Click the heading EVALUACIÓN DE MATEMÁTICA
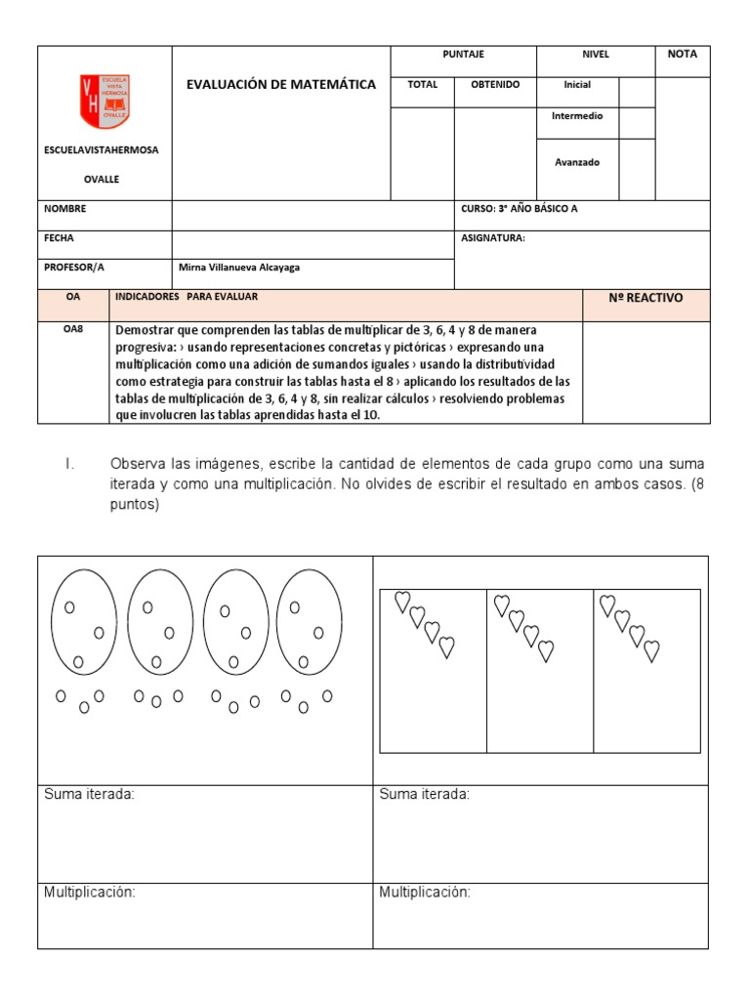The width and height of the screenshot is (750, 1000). [280, 85]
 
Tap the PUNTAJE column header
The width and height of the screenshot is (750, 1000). [463, 55]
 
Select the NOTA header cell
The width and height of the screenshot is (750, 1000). [682, 55]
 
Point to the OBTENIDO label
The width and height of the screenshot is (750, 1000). [495, 85]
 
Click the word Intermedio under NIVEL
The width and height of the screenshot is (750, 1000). [577, 116]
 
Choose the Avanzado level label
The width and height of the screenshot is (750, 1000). [577, 163]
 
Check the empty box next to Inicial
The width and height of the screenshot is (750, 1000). [637, 91]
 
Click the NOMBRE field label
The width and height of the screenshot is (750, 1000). [65, 209]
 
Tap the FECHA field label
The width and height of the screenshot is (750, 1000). [60, 238]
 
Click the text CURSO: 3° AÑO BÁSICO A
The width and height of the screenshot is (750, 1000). [519, 209]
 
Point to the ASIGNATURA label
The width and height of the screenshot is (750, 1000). [492, 238]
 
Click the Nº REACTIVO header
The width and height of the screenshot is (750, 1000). [646, 299]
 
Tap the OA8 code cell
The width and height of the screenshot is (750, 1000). [73, 329]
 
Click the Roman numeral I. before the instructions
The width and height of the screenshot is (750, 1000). [69, 463]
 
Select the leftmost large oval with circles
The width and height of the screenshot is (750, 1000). [83, 622]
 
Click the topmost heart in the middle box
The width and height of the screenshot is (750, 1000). [502, 605]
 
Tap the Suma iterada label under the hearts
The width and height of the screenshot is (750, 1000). [424, 795]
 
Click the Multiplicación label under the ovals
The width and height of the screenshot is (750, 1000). [89, 892]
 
